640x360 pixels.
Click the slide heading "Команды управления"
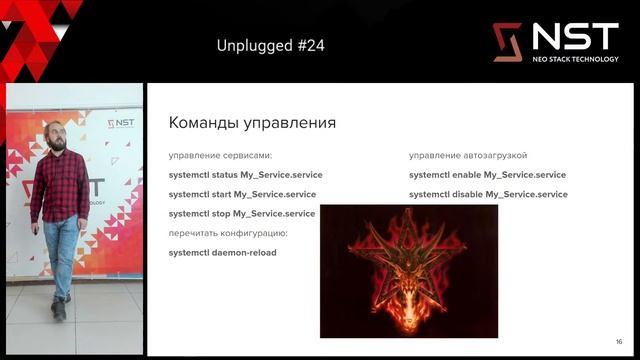click(252, 123)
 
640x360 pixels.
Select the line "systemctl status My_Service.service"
click(245, 175)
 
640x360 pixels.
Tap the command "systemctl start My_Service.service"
click(242, 194)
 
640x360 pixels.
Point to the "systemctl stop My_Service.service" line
click(242, 214)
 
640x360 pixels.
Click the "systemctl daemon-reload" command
click(223, 253)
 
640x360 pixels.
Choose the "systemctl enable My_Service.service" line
click(487, 175)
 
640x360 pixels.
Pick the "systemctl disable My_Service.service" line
click(488, 194)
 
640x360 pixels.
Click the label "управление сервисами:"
click(220, 156)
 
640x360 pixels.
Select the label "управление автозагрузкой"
click(468, 156)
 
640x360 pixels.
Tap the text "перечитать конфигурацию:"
click(228, 233)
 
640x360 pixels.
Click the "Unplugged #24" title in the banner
click(270, 46)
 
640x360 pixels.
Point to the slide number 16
click(619, 341)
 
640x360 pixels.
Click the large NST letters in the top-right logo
click(574, 37)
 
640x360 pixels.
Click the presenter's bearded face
click(58, 139)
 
